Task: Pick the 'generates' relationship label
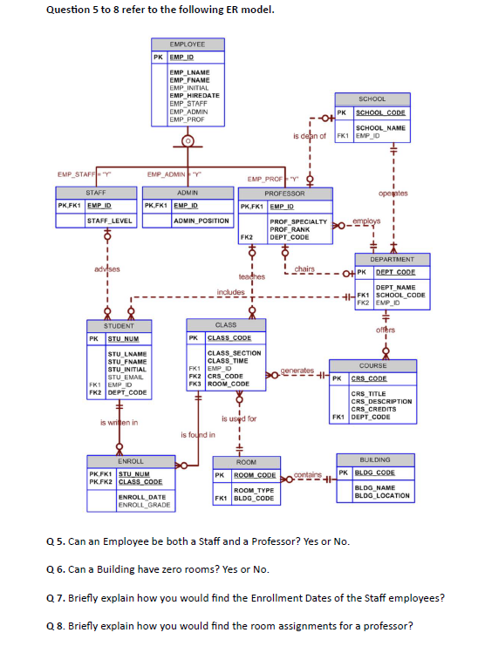pos(297,371)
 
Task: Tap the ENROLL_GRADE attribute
pos(140,505)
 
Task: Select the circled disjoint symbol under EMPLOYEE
pos(187,139)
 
